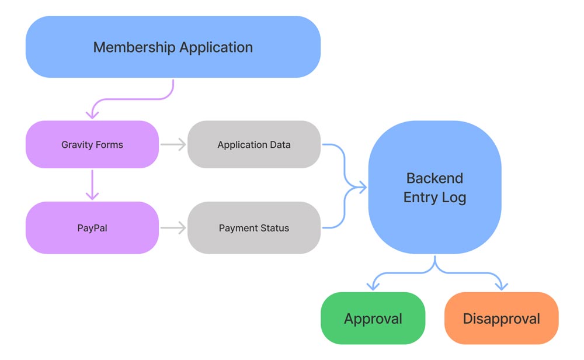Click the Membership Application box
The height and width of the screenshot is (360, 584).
tap(173, 47)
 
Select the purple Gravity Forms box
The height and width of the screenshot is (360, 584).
tap(92, 144)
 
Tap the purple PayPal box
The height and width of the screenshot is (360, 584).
tap(92, 228)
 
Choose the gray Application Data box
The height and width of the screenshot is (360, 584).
tap(254, 144)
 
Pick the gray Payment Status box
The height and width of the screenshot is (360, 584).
tap(254, 228)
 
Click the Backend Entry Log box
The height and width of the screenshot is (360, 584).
tap(434, 187)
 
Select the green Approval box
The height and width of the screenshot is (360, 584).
tap(373, 319)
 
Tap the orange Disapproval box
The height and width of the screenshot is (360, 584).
tap(501, 319)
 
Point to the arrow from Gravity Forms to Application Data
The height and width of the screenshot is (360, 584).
tap(173, 144)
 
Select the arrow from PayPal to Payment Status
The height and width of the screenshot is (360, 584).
tap(173, 228)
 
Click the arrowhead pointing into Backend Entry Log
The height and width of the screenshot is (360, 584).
tap(362, 187)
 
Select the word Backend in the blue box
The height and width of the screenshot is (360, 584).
tap(434, 178)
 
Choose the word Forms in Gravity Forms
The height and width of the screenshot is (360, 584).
tap(110, 144)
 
